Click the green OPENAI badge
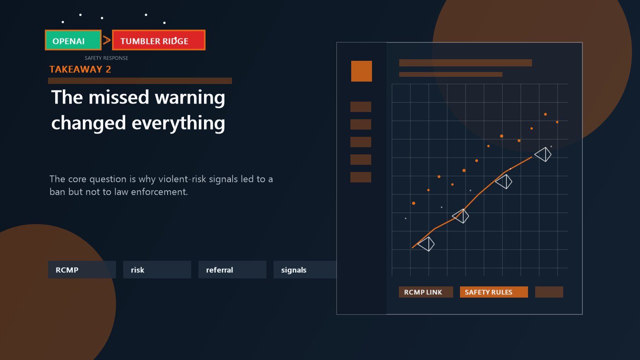click(x=73, y=40)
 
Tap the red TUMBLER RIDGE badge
click(x=158, y=40)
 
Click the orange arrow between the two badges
click(x=106, y=40)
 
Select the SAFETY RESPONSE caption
click(x=106, y=58)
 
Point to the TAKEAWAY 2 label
click(x=80, y=70)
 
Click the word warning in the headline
click(x=190, y=98)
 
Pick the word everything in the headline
click(x=178, y=123)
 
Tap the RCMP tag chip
click(x=82, y=270)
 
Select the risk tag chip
click(x=157, y=270)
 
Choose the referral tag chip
click(x=232, y=270)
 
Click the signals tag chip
click(x=305, y=270)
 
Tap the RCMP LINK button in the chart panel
click(x=426, y=292)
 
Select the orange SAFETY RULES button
click(x=494, y=292)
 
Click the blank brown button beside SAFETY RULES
click(x=549, y=292)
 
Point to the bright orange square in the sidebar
click(x=362, y=71)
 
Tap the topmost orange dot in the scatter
click(x=546, y=114)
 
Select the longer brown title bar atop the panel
click(x=466, y=63)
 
